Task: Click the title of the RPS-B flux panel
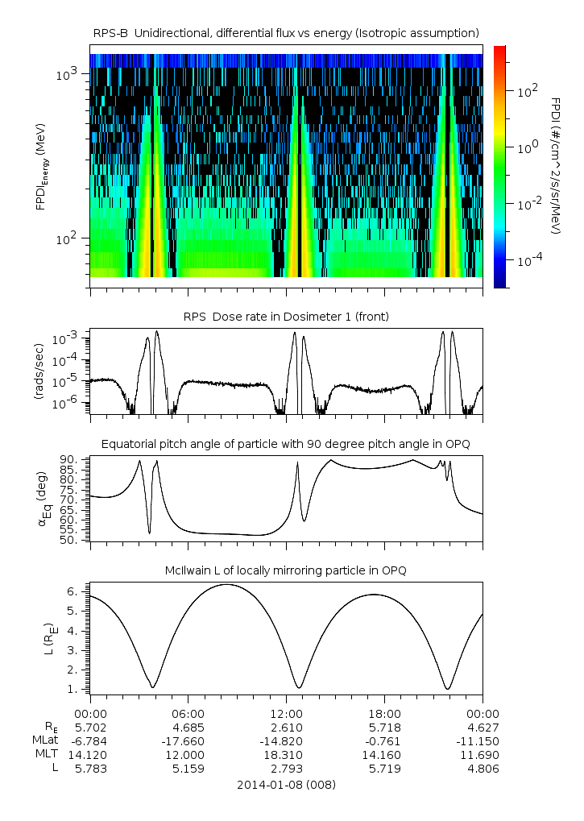(x=286, y=32)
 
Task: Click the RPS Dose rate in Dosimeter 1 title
(x=286, y=317)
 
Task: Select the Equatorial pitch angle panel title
(x=286, y=444)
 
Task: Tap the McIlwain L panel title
(x=286, y=570)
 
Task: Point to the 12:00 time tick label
(x=286, y=713)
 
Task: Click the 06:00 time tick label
(x=188, y=713)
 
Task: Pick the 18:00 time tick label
(x=384, y=713)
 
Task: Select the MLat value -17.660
(x=188, y=740)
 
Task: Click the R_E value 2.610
(x=286, y=727)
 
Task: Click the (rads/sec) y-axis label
(x=38, y=373)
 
